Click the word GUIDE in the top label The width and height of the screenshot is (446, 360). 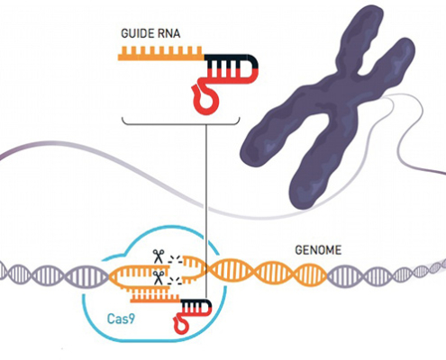137,33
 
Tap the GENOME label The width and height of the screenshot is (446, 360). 318,250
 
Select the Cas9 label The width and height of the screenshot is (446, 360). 121,319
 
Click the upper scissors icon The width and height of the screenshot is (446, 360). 158,256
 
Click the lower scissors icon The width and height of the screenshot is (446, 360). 158,278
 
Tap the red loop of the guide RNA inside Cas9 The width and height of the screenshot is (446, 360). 181,323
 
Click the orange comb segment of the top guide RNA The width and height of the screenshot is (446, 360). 160,53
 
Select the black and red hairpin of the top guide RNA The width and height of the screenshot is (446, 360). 232,69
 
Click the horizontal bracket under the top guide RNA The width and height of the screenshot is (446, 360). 181,123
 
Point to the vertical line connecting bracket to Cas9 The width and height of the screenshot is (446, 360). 206,211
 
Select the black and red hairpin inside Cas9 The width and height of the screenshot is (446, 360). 196,307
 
